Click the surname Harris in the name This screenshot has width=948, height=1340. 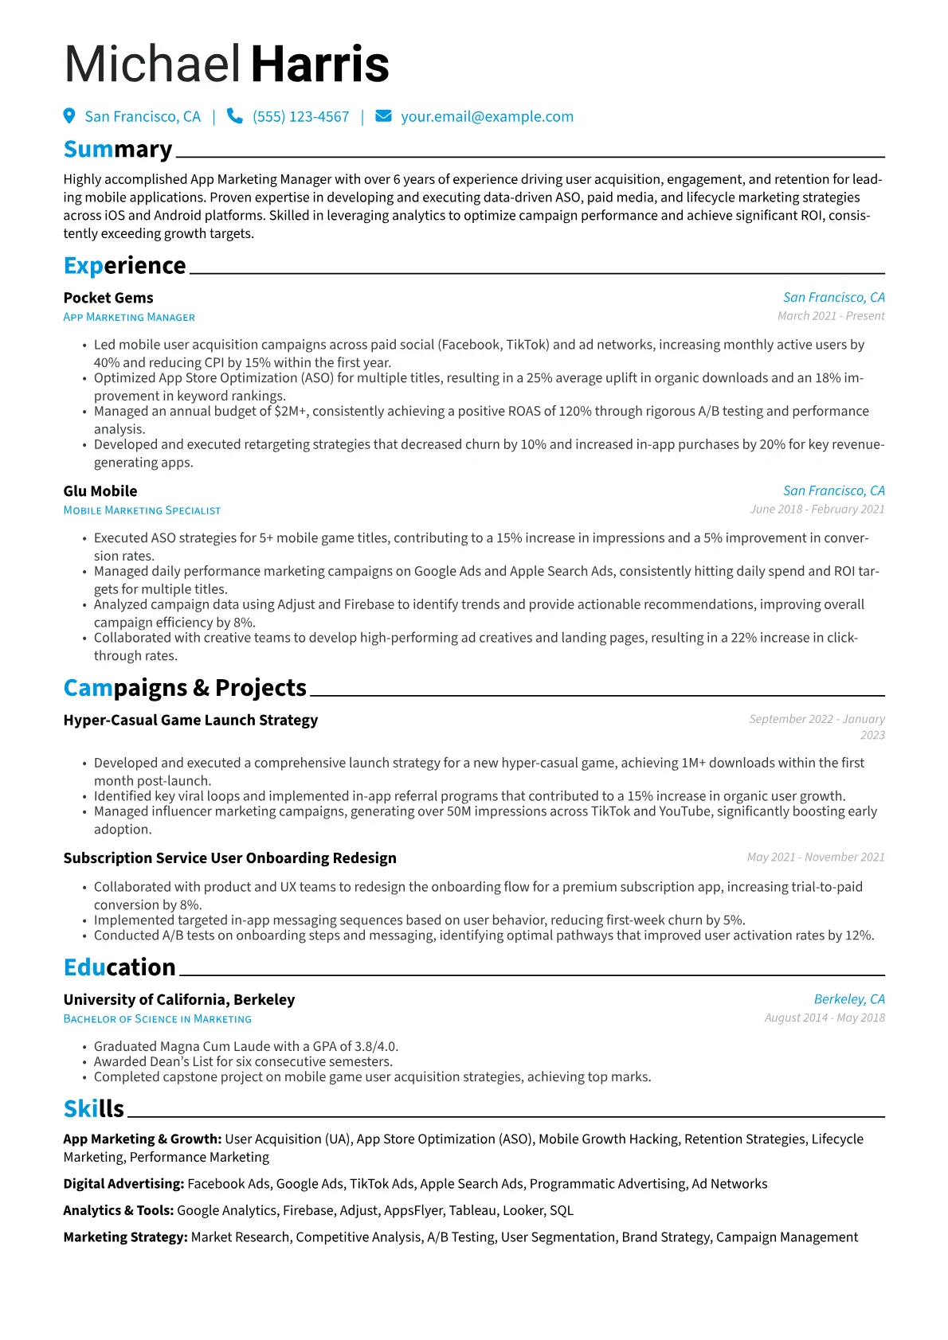[320, 64]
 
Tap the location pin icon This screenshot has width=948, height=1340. [69, 116]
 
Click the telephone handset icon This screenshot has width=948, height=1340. [234, 116]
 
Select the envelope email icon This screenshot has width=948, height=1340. [383, 116]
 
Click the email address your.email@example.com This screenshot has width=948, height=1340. [487, 117]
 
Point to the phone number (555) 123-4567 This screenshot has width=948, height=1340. [300, 117]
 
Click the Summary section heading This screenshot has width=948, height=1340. [118, 150]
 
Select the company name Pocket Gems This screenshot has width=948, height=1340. [108, 298]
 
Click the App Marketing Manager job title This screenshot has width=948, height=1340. [129, 317]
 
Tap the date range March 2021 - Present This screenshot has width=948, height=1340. [831, 316]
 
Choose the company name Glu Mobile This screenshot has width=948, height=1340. [100, 491]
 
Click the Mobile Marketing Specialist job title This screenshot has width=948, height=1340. [142, 510]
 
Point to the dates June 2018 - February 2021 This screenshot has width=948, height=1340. [817, 510]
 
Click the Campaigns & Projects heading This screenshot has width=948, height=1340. [185, 688]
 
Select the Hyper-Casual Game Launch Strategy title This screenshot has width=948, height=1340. [190, 721]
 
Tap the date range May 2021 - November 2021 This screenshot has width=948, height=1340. [816, 858]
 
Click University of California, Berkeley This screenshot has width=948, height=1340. [179, 1000]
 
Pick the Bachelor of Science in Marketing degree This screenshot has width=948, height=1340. [157, 1019]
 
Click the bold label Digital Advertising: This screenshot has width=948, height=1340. [123, 1184]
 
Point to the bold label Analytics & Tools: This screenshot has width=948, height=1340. [119, 1211]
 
